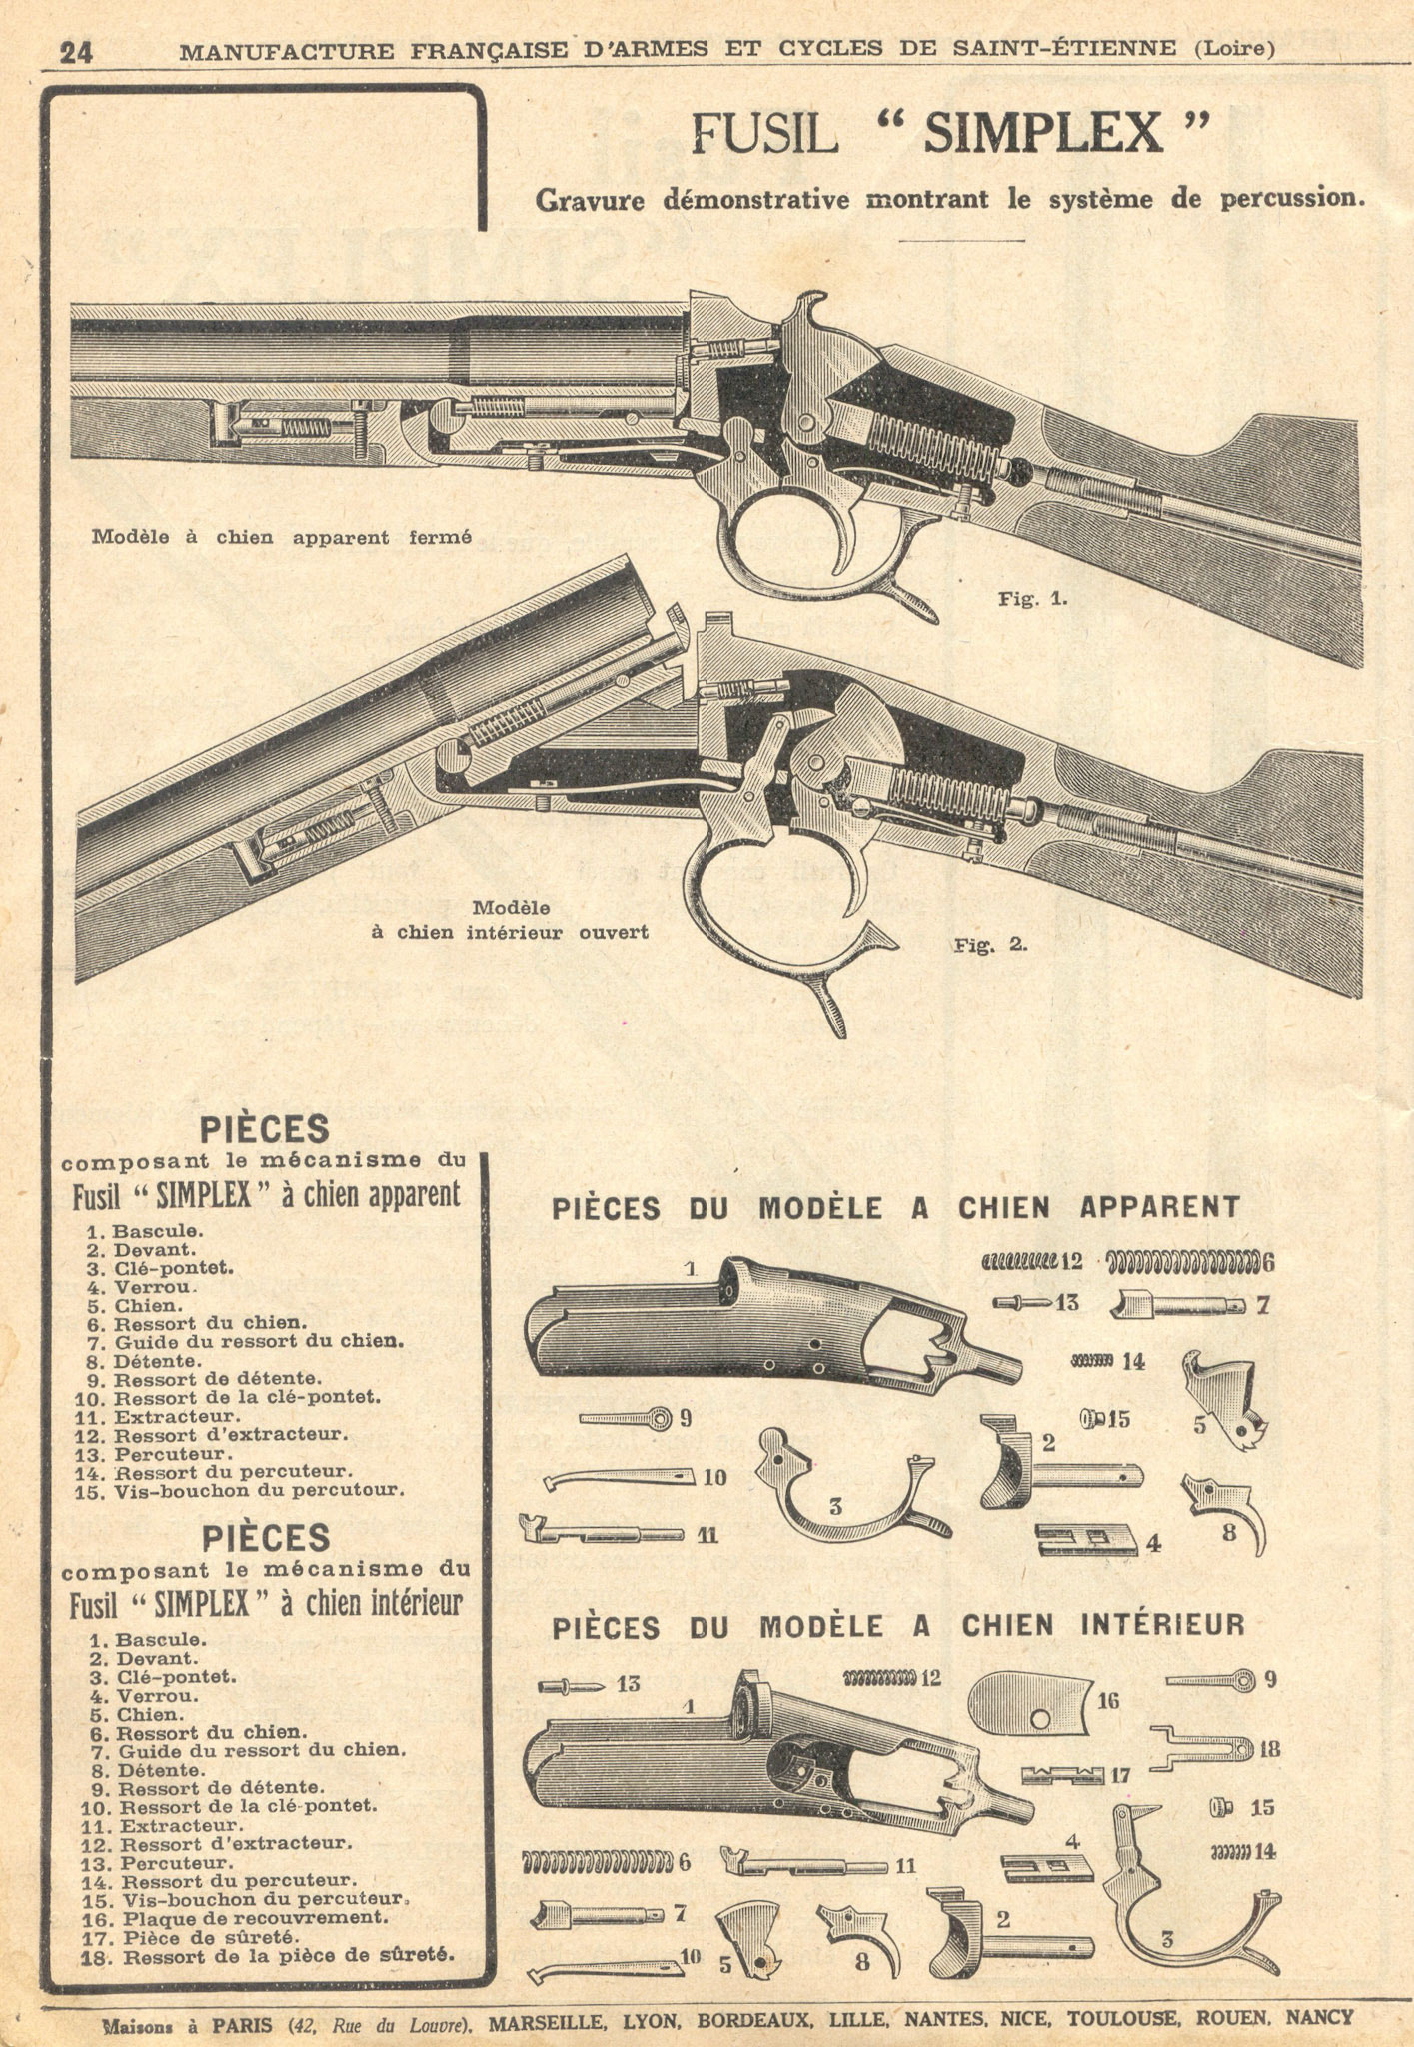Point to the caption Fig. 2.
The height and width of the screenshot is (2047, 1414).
click(x=990, y=944)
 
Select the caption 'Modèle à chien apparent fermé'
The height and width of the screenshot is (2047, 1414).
click(x=281, y=537)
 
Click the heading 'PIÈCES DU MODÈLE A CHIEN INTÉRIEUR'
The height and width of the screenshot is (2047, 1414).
click(x=898, y=1626)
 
